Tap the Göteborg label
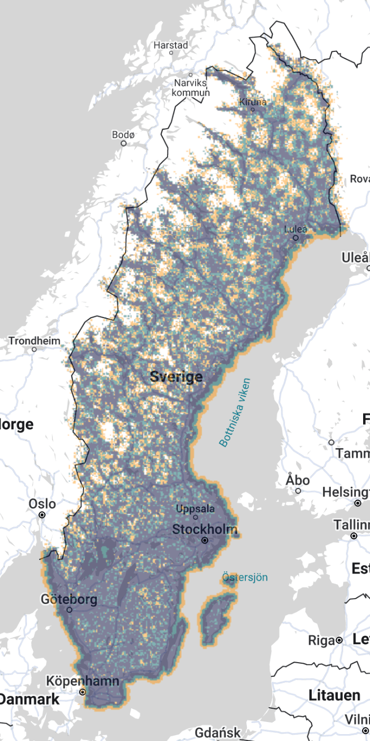pyautogui.click(x=69, y=600)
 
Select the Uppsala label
pyautogui.click(x=196, y=509)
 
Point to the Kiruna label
pyautogui.click(x=253, y=102)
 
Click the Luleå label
pyautogui.click(x=295, y=230)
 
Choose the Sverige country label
pyautogui.click(x=177, y=377)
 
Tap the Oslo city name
pyautogui.click(x=42, y=503)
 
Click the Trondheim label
pyautogui.click(x=34, y=341)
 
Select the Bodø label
pyautogui.click(x=124, y=135)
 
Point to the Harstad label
pyautogui.click(x=171, y=46)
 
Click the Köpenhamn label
pyautogui.click(x=82, y=681)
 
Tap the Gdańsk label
pyautogui.click(x=218, y=733)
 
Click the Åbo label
pyautogui.click(x=298, y=480)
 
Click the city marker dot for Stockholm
pyautogui.click(x=205, y=540)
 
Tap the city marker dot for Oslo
pyautogui.click(x=42, y=514)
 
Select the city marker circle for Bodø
pyautogui.click(x=124, y=143)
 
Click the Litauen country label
pyautogui.click(x=335, y=695)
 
